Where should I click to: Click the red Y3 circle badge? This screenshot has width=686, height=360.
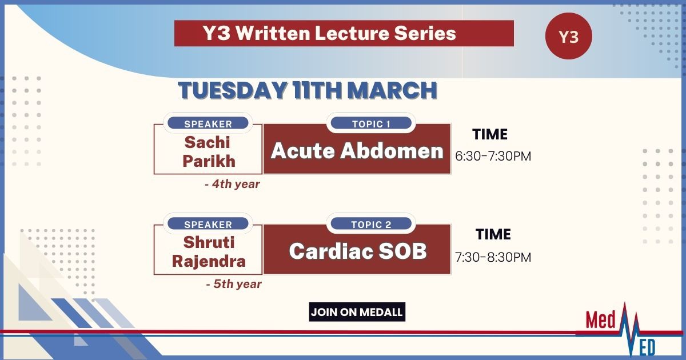pyautogui.click(x=569, y=36)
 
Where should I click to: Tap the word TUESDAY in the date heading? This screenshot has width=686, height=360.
pyautogui.click(x=233, y=90)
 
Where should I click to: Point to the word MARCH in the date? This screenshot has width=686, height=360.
pyautogui.click(x=392, y=90)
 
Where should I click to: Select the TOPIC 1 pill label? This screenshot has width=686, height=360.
pyautogui.click(x=371, y=123)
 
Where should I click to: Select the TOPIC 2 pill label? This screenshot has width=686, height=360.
pyautogui.click(x=371, y=224)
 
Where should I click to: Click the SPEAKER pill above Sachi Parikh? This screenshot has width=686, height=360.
pyautogui.click(x=208, y=123)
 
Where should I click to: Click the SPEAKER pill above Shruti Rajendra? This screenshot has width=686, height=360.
pyautogui.click(x=208, y=224)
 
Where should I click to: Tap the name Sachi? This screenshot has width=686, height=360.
pyautogui.click(x=208, y=142)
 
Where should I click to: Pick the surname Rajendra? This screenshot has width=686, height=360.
pyautogui.click(x=209, y=262)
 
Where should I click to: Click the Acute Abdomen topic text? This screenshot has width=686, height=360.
pyautogui.click(x=357, y=151)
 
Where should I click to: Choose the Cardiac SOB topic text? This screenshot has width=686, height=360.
pyautogui.click(x=358, y=251)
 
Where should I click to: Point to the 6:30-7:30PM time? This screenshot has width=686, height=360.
pyautogui.click(x=493, y=156)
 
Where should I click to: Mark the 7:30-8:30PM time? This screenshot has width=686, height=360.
pyautogui.click(x=493, y=257)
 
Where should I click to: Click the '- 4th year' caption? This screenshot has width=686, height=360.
pyautogui.click(x=232, y=184)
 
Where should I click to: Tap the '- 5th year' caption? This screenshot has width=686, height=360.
pyautogui.click(x=234, y=284)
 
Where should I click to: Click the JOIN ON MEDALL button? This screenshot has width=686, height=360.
pyautogui.click(x=357, y=312)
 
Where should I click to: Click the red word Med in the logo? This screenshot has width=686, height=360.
pyautogui.click(x=601, y=320)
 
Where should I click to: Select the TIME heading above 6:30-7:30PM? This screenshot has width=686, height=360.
pyautogui.click(x=490, y=134)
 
